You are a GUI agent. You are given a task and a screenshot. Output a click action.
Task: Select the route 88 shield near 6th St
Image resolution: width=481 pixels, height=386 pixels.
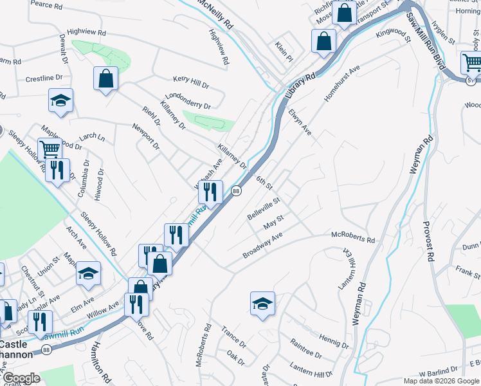[237, 191]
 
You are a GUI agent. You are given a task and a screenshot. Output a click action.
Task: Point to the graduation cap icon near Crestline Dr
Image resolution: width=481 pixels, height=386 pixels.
[60, 100]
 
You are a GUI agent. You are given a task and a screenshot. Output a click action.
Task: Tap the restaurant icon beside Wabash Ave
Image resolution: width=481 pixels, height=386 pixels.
[210, 191]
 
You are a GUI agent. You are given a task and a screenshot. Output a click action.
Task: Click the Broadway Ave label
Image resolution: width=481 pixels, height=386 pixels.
[262, 246]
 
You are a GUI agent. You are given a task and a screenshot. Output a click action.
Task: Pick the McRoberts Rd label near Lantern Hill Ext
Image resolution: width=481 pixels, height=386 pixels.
[352, 238]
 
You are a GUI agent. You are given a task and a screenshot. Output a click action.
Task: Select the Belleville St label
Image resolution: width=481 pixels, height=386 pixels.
[264, 208]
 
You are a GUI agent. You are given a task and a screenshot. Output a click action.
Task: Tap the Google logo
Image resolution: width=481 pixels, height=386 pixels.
[22, 378]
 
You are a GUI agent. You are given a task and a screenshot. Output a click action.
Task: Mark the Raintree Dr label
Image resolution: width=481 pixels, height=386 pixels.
[305, 349]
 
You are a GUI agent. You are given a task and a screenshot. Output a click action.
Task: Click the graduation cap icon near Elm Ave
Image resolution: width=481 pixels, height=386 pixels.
[88, 274]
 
